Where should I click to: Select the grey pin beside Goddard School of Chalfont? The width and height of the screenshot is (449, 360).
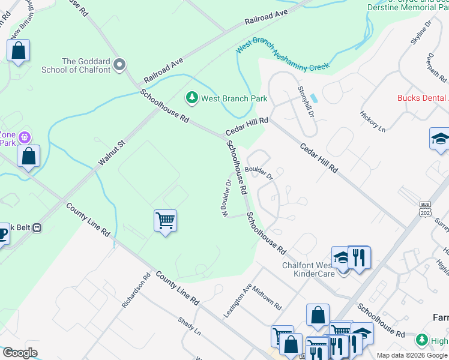tap(119, 64)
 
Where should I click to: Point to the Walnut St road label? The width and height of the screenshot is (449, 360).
tap(112, 153)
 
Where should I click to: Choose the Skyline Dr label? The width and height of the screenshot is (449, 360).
tap(421, 34)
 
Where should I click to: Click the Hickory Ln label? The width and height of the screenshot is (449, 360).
tap(372, 120)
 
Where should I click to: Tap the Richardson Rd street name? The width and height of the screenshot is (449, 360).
tap(136, 290)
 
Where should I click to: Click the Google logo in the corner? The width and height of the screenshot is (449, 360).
tap(20, 353)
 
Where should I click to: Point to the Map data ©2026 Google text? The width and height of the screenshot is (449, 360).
tap(412, 355)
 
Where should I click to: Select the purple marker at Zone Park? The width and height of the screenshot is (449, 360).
tap(25, 137)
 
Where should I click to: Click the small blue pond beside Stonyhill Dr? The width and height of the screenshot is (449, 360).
tap(315, 98)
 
